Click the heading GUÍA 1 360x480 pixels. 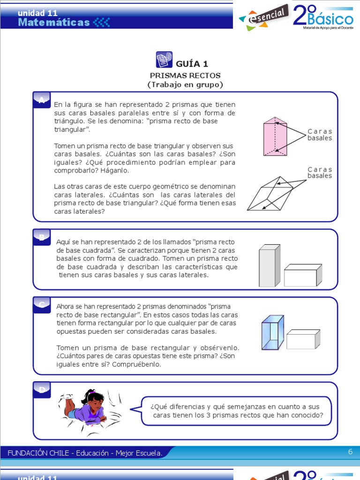coord(192,64)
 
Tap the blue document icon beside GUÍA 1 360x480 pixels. coord(164,60)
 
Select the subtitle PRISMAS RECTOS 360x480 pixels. coord(185,75)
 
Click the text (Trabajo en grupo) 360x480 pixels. coord(185,85)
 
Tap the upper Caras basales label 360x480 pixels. coord(320,135)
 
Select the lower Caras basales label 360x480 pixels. coord(320,172)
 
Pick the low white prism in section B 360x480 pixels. coord(303,275)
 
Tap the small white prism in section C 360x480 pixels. coord(303,339)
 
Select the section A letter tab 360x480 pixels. coord(42,99)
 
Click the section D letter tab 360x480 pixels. coord(42,390)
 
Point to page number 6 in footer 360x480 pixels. coord(350,452)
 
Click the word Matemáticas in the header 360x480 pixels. coord(53,22)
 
